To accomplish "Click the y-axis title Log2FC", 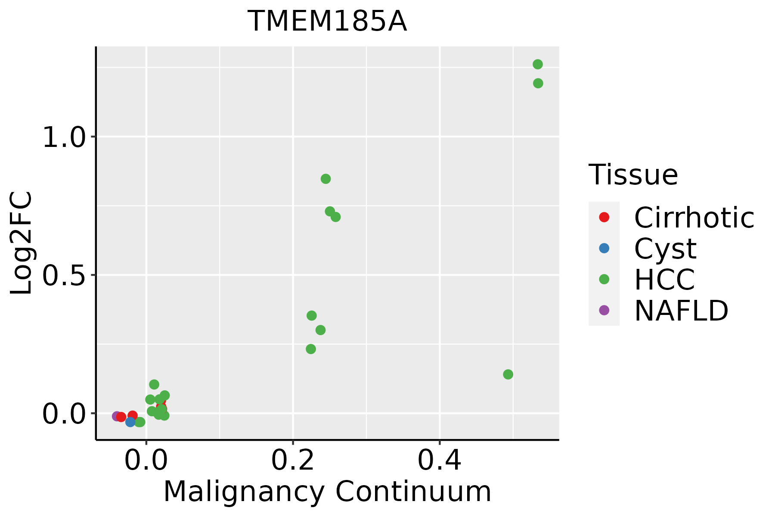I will click(x=22, y=243).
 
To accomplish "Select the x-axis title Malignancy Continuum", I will click(x=327, y=492).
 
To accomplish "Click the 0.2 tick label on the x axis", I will click(x=293, y=461).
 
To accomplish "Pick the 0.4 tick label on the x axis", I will click(x=440, y=461).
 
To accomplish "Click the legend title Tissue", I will click(x=633, y=175).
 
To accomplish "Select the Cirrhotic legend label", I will click(x=694, y=218).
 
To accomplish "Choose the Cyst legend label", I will click(x=665, y=249).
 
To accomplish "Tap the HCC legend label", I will click(x=664, y=279).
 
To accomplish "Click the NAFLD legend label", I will click(x=681, y=310).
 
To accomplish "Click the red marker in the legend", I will click(x=604, y=217).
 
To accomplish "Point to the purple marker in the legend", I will click(x=604, y=310).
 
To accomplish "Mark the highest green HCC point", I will click(x=537, y=65).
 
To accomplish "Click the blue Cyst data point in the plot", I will click(x=130, y=422).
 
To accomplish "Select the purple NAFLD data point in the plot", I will click(x=117, y=416).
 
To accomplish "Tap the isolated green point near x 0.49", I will click(x=508, y=374).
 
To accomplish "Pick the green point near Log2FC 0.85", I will click(x=326, y=179).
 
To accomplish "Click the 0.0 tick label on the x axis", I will click(x=146, y=461).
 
